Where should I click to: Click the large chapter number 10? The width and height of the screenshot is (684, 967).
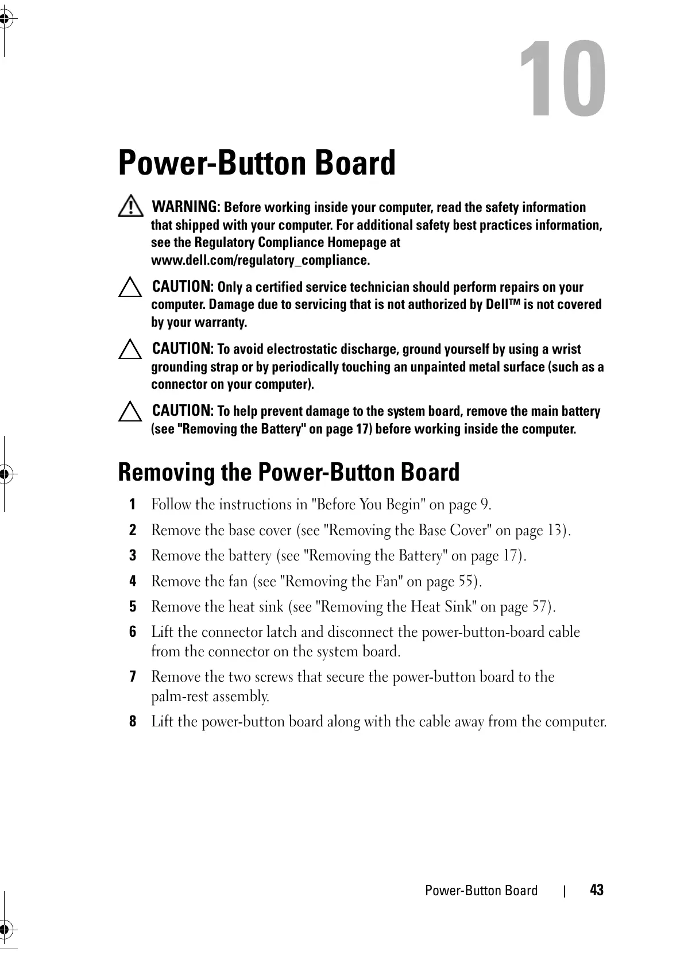click(562, 80)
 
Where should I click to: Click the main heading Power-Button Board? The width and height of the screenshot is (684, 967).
click(257, 163)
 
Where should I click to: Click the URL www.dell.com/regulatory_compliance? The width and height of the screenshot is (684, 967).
click(260, 260)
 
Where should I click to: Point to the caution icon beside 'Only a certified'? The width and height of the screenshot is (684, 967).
click(130, 288)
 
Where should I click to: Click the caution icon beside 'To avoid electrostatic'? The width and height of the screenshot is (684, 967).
click(130, 350)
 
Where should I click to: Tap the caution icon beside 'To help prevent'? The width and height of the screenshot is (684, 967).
click(130, 412)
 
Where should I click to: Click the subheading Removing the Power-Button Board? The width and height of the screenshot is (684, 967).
click(288, 473)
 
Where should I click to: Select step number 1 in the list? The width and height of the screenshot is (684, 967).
click(133, 505)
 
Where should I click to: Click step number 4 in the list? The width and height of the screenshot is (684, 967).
click(133, 582)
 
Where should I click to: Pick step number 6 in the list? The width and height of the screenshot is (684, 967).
click(133, 632)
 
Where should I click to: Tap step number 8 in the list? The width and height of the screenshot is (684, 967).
click(133, 722)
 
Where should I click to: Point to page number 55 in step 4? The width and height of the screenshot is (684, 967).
click(466, 582)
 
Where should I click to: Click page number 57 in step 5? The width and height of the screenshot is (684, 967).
click(539, 607)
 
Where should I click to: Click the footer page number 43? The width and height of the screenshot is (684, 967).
click(597, 891)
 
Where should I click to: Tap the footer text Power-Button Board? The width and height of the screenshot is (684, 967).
click(481, 891)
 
